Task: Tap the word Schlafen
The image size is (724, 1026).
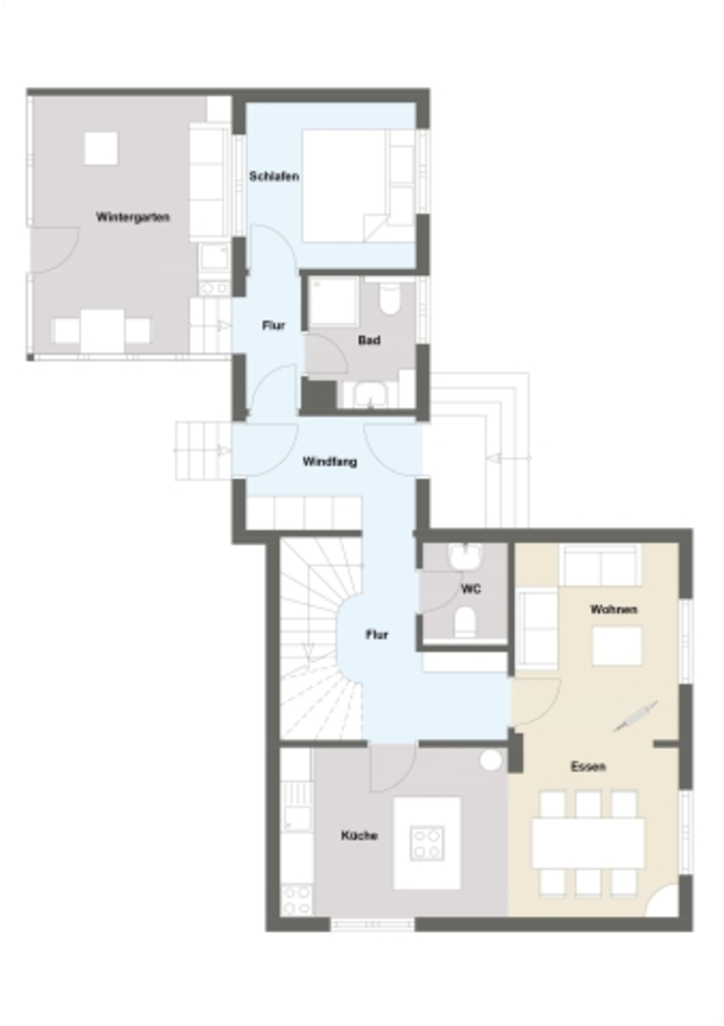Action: tap(274, 177)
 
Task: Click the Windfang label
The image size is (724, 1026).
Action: tap(330, 462)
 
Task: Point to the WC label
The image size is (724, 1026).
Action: tap(471, 589)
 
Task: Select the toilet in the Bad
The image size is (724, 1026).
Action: tap(390, 297)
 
